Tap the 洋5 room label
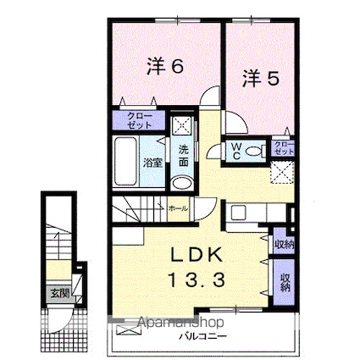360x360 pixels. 262,79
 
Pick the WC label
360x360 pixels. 237,152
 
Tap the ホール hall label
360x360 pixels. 178,208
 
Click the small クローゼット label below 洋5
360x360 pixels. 284,147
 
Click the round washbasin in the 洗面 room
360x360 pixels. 180,185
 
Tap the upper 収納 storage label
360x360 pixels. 284,244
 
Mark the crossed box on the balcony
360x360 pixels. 125,325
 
